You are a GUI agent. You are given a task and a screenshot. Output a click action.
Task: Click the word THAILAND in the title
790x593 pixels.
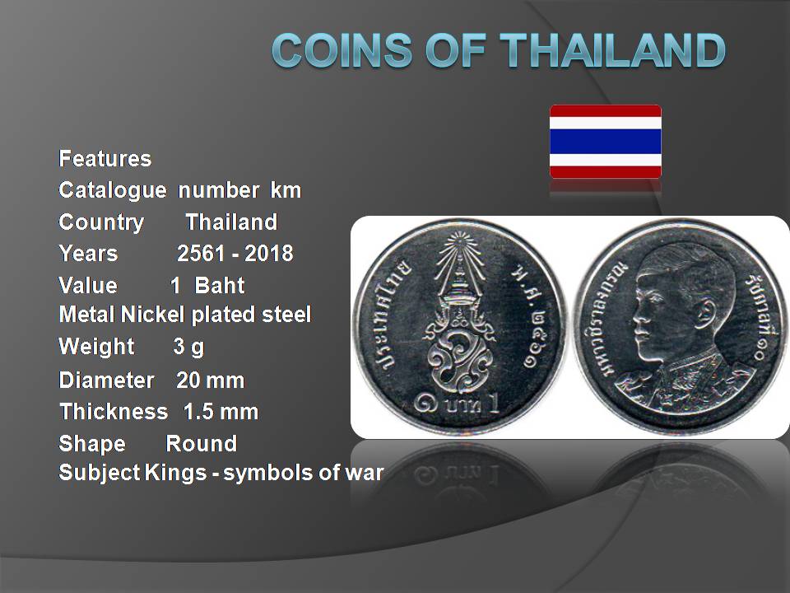[613, 50]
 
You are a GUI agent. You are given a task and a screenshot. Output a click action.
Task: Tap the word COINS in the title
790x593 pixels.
[342, 50]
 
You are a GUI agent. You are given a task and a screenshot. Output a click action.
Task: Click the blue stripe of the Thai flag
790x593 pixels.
[605, 142]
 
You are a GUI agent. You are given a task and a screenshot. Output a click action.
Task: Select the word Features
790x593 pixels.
[105, 159]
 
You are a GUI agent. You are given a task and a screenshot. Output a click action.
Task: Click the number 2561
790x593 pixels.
[201, 253]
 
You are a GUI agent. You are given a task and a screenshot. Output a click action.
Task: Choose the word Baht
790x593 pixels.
[220, 286]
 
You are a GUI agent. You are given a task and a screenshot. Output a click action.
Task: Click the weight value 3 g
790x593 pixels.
[188, 347]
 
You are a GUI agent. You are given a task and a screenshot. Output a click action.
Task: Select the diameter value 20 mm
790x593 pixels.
[211, 381]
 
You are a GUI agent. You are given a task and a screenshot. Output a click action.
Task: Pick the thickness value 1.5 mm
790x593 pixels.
[221, 412]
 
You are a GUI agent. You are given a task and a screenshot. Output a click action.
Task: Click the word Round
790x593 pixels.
[202, 444]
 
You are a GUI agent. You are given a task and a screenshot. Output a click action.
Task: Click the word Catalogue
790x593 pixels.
[113, 190]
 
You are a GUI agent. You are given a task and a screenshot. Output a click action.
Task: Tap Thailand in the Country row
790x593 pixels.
[231, 222]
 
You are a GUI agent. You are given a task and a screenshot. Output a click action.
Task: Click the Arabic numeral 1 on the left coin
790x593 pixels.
[495, 404]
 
